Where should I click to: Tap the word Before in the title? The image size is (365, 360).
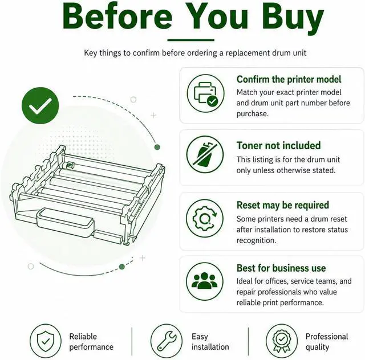[x=117, y=16]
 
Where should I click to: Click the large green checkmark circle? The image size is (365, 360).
[x=40, y=105]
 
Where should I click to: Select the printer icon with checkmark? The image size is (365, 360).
[x=206, y=93]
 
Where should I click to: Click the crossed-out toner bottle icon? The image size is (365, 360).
[x=205, y=154]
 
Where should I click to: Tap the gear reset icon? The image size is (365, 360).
[x=205, y=218]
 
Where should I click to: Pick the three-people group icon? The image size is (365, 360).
[x=205, y=281]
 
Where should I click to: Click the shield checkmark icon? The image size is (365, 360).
[x=46, y=341]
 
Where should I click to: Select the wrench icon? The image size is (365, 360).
[x=167, y=341]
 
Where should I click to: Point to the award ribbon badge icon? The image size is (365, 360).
[x=282, y=341]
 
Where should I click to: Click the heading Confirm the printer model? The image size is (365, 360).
[x=289, y=80]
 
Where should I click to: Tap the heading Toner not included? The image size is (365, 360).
[x=279, y=146]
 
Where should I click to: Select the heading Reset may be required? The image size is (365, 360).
[x=283, y=206]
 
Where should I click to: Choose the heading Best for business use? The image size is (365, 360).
[x=281, y=268]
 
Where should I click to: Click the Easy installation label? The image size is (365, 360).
[x=210, y=342]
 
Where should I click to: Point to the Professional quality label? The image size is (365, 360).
[x=327, y=342]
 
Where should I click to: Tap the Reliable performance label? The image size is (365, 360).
[x=91, y=342]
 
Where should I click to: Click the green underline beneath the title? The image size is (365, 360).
[x=191, y=40]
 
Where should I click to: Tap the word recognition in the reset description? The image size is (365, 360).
[x=256, y=240]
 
